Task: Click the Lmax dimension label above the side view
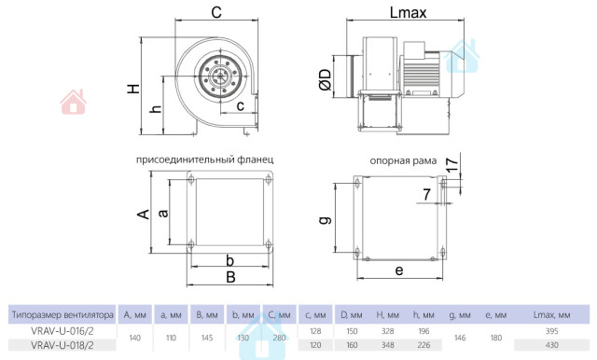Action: (x=408, y=12)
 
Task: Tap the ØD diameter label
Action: (x=326, y=80)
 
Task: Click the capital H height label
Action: (x=133, y=89)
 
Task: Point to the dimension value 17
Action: (x=451, y=165)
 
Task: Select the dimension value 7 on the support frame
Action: (x=427, y=195)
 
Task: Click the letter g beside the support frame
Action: (x=326, y=220)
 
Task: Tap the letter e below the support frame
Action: (x=399, y=270)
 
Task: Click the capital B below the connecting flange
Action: (x=230, y=277)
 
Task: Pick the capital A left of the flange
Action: (x=143, y=215)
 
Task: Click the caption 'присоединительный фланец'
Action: (x=205, y=159)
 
